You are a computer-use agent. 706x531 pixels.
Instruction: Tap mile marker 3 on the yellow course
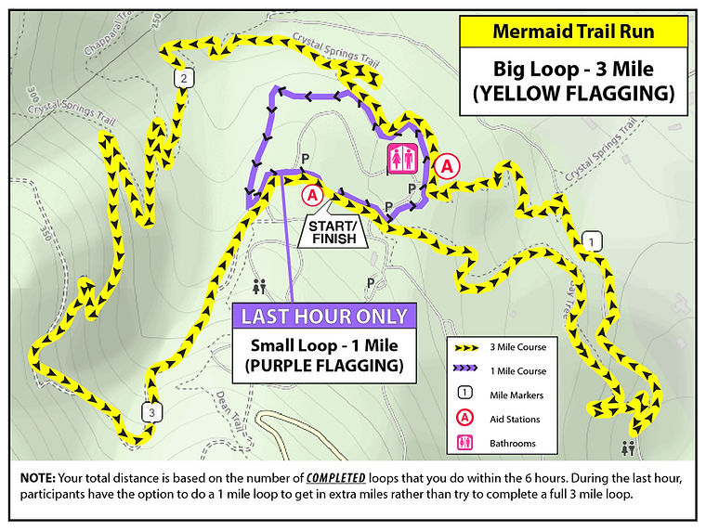click(150, 411)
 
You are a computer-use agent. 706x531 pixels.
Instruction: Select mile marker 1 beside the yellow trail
click(592, 242)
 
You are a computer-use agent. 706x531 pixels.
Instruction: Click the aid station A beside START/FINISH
click(311, 195)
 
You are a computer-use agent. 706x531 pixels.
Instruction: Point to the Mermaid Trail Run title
click(573, 32)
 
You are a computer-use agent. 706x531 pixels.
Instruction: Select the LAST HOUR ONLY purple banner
click(324, 317)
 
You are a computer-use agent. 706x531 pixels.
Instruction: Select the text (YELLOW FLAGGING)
click(573, 93)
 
